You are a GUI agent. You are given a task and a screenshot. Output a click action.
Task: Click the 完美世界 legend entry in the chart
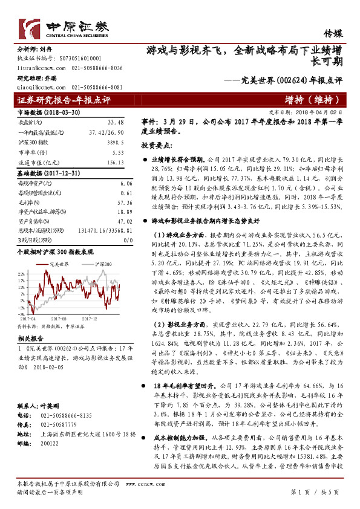(x=57, y=264)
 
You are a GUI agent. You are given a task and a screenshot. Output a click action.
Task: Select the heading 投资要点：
(x=158, y=146)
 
